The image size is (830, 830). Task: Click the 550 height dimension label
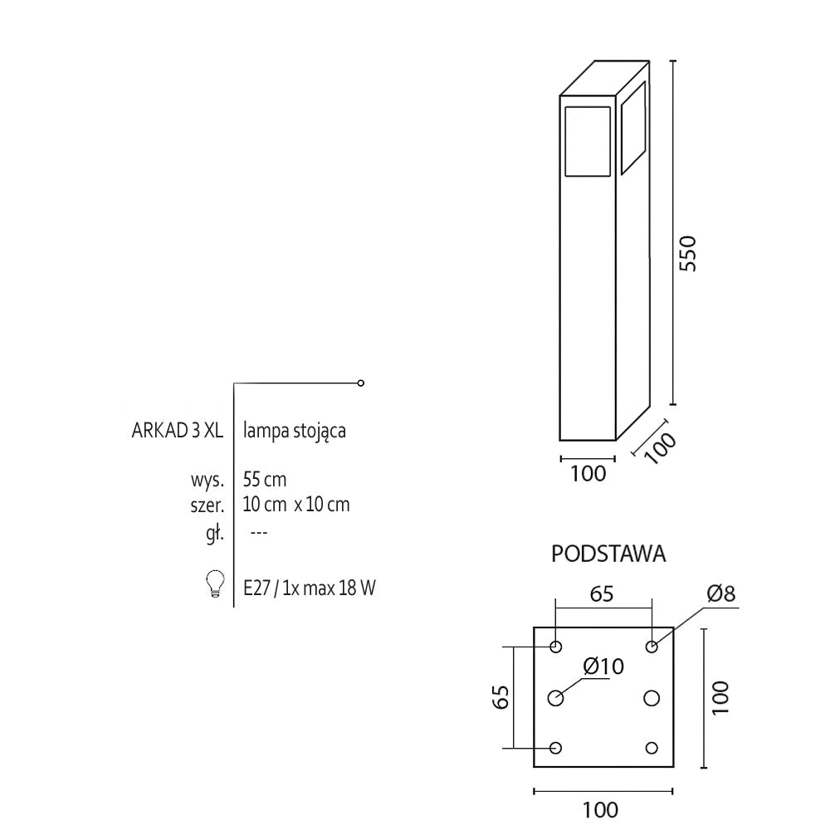(687, 254)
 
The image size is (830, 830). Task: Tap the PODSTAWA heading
(608, 554)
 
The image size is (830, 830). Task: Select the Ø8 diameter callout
(721, 593)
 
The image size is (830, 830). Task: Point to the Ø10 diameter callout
(603, 666)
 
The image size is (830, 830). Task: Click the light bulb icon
(215, 583)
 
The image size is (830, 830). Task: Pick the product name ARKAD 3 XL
(178, 431)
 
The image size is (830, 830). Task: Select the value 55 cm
(265, 480)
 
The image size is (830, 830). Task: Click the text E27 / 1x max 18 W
(310, 588)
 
